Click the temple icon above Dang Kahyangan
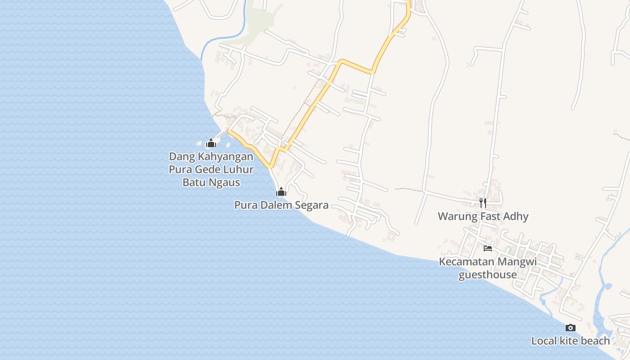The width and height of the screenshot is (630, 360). tap(211, 144)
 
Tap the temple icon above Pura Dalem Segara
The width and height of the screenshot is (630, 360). tap(281, 193)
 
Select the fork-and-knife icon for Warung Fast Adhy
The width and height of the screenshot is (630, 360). tap(483, 202)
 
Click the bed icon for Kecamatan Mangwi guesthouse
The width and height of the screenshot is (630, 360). tap(488, 248)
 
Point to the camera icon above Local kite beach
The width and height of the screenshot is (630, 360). tap(570, 328)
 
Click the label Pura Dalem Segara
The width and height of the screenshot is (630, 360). tap(281, 205)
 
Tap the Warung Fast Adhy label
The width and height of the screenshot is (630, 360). tap(483, 216)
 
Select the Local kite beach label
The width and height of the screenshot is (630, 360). tap(570, 341)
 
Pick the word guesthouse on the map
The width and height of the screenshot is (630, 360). tap(487, 274)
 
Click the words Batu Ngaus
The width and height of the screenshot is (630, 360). tap(211, 182)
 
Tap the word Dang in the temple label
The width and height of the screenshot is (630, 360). tap(179, 157)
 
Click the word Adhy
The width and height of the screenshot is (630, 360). tap(516, 216)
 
